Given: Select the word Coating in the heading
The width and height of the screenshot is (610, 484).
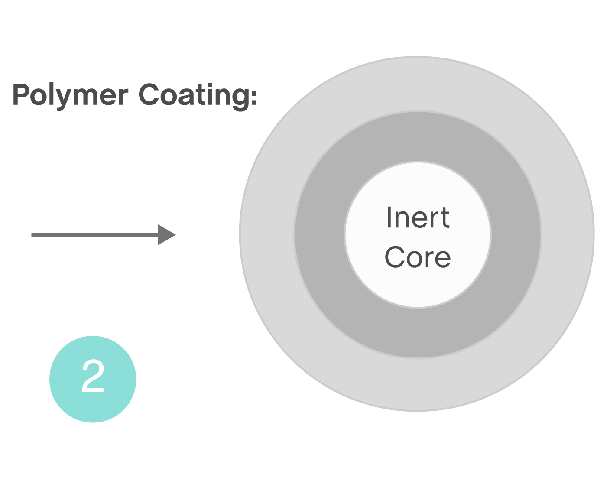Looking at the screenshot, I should [193, 95].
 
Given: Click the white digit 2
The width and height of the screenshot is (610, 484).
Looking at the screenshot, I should [93, 376].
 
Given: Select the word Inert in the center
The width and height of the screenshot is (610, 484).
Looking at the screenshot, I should [418, 218].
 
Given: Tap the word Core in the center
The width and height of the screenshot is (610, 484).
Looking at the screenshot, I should [418, 257].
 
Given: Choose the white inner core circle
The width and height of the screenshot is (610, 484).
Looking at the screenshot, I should [418, 286].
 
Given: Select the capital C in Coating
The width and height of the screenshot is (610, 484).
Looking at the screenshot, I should [149, 94].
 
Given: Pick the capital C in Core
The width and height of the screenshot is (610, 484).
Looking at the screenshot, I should [395, 257].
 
